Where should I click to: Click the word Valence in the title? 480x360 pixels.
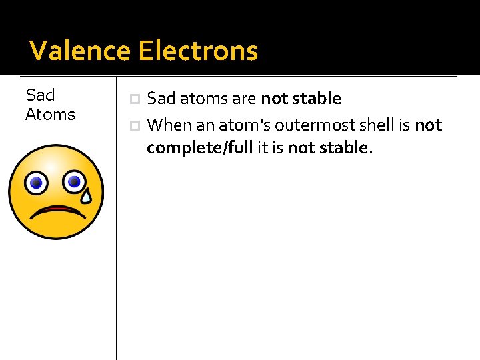coord(80,51)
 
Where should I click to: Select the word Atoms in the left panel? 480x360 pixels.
coord(50,115)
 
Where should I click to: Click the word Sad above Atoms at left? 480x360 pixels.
coord(40,95)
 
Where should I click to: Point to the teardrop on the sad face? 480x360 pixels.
coord(87,194)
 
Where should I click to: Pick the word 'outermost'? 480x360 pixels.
coord(317,125)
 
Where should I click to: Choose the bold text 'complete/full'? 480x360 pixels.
coord(199,147)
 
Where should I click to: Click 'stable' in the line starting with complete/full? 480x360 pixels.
coord(346,147)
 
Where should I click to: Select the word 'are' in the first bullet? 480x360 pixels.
coord(245,99)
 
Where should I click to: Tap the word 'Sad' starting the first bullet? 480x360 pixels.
coord(160,99)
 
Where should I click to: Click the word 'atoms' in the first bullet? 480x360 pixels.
coord(203,99)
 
